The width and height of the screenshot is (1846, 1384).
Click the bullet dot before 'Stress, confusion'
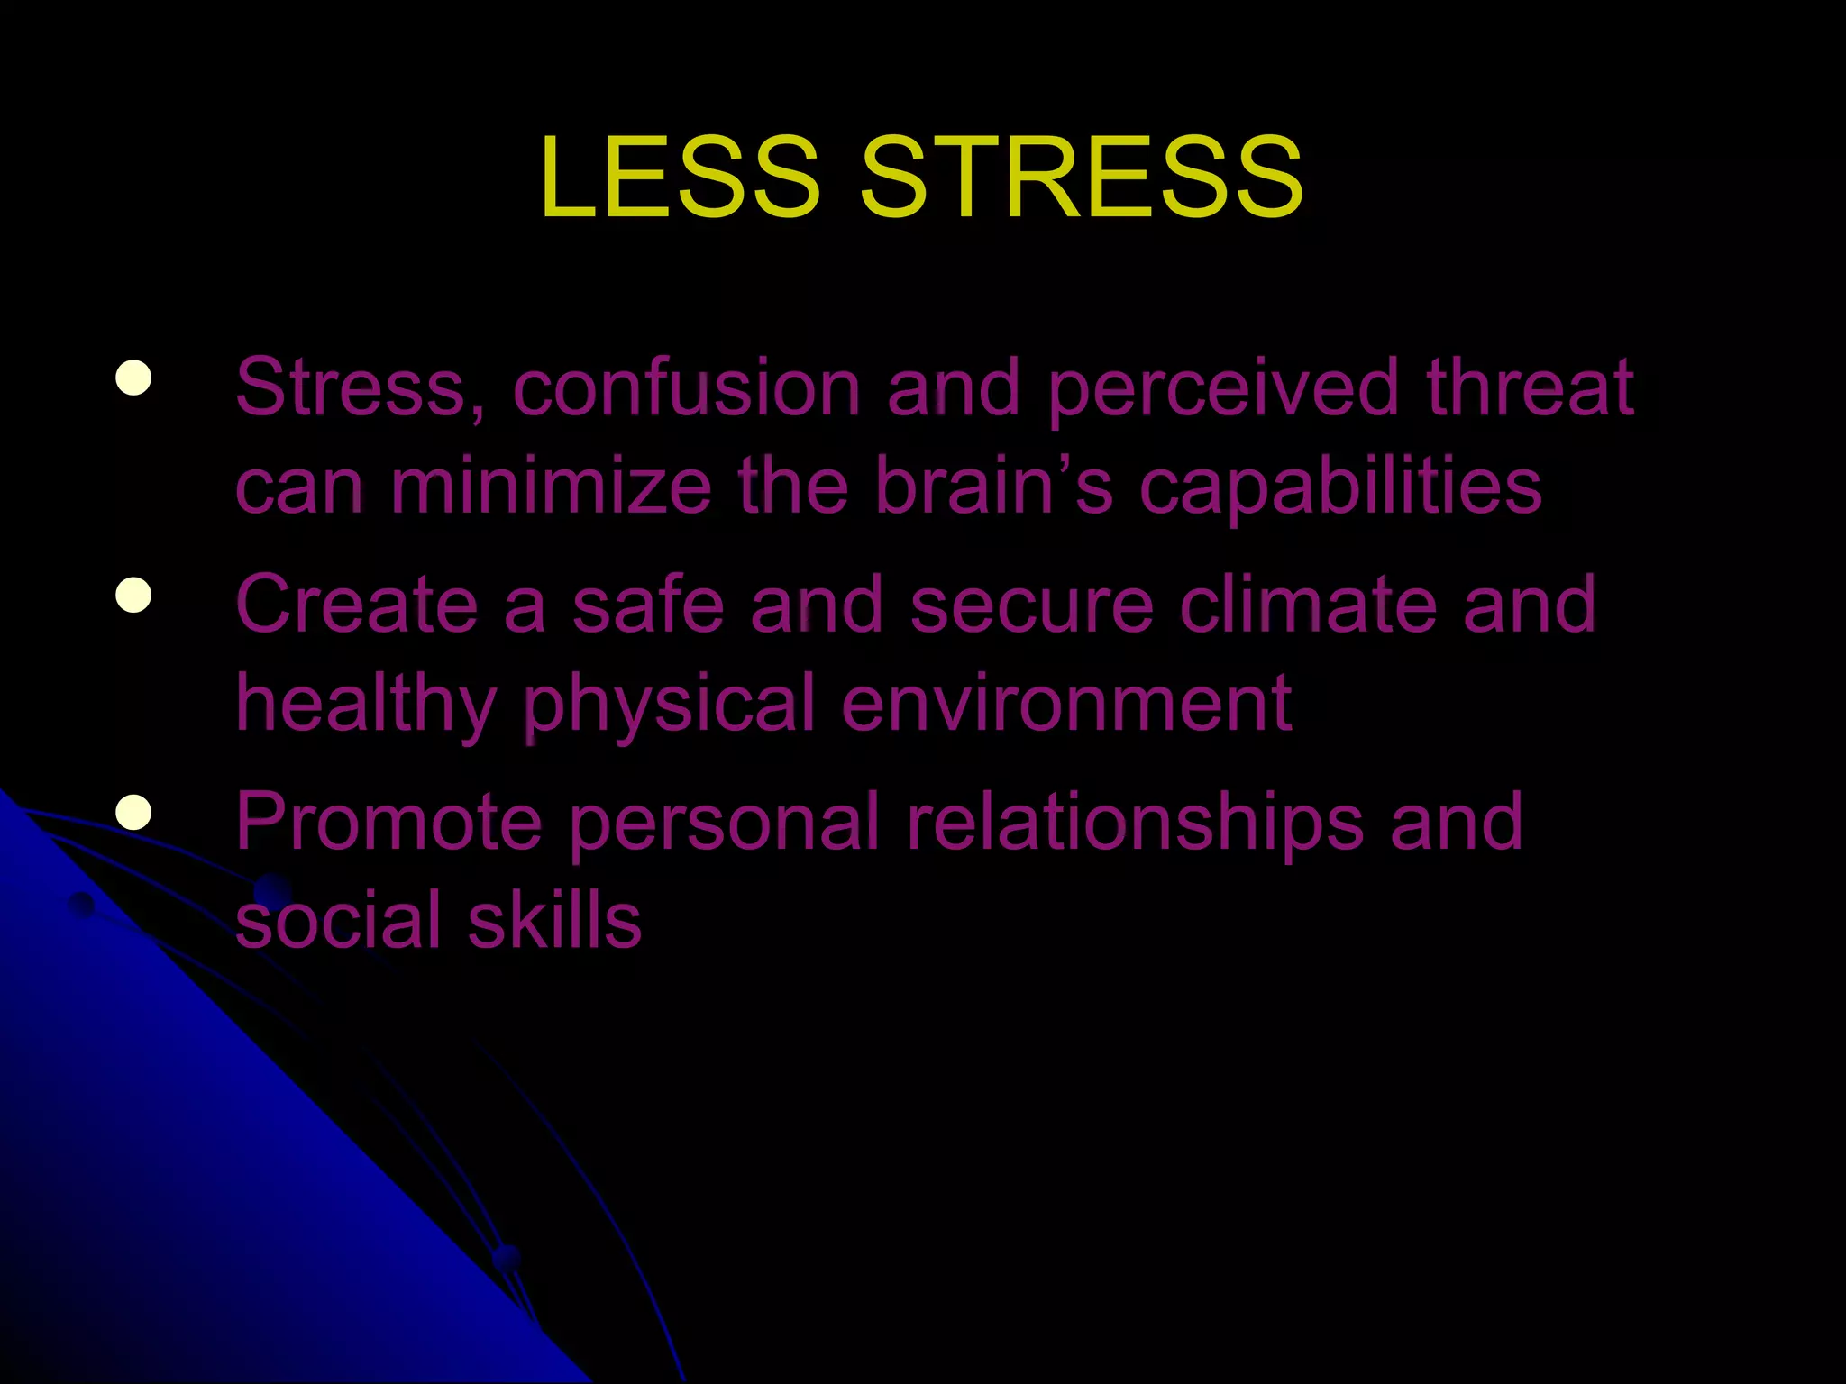pos(133,378)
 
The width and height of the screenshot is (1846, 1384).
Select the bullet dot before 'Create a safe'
pos(133,595)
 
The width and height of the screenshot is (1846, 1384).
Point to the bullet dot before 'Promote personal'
pos(133,811)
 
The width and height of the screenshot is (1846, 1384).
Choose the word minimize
pos(551,487)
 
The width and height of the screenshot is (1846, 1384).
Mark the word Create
pos(357,605)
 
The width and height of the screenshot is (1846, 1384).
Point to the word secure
pos(1032,606)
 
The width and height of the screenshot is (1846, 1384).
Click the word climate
pos(1308,605)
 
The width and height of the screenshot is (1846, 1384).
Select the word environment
pos(1066,704)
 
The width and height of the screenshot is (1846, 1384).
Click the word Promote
pos(388,822)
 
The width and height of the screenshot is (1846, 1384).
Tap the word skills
pos(554,921)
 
